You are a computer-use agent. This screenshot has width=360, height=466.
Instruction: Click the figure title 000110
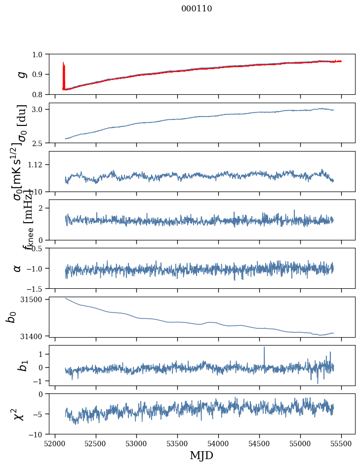(x=196, y=8)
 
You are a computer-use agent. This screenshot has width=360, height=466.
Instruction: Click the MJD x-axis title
(x=201, y=456)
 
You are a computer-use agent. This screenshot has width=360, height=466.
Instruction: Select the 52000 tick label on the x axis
(x=55, y=444)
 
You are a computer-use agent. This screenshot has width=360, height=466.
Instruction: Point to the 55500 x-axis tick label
(x=341, y=444)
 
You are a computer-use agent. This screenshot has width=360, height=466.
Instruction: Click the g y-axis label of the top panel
(x=21, y=74)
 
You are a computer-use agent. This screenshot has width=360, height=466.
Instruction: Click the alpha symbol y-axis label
(x=17, y=268)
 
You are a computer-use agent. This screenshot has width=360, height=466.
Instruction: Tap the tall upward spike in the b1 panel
(x=264, y=349)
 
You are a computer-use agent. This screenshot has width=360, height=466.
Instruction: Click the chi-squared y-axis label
(x=17, y=414)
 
